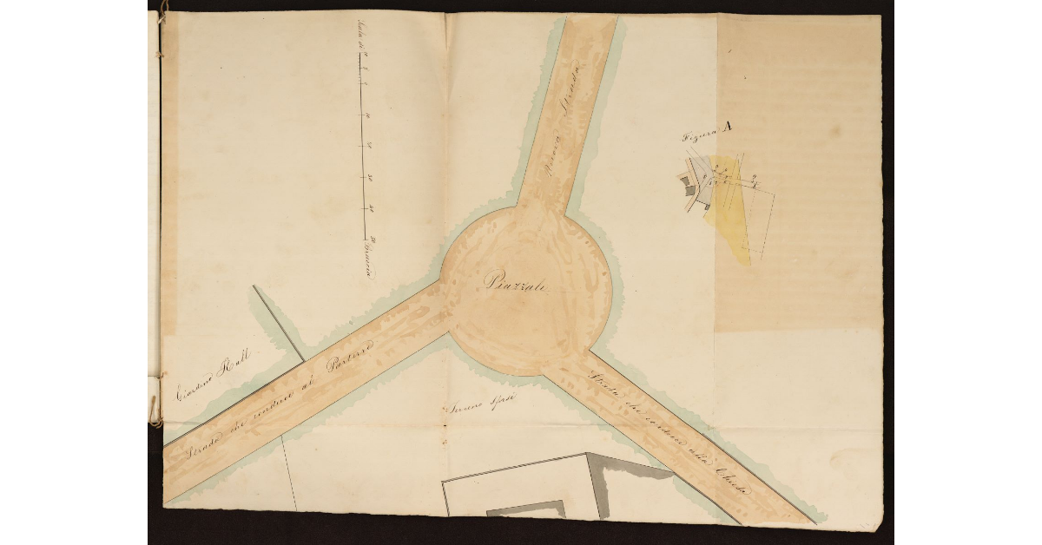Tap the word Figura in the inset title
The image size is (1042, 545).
click(698, 135)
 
